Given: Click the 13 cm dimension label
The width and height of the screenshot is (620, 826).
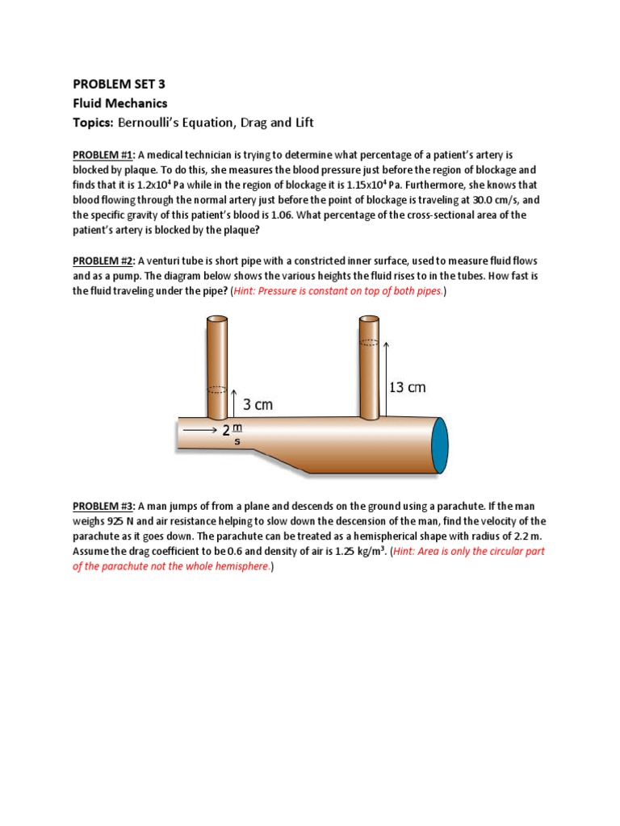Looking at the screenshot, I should coord(408,387).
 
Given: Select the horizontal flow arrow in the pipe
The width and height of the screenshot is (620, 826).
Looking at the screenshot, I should coord(199,431).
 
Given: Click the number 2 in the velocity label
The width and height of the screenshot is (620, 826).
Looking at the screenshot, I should coord(226,432).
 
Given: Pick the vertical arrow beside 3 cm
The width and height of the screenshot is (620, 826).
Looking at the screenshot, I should coord(234,405).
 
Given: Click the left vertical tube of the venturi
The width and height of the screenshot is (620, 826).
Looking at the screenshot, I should coord(217,363).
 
